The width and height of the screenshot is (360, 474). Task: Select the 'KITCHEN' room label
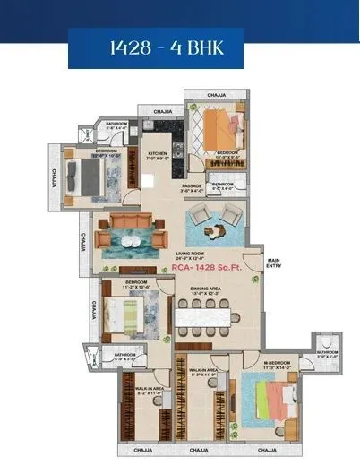coord(158,153)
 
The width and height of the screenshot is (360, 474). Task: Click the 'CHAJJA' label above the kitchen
coord(163,112)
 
